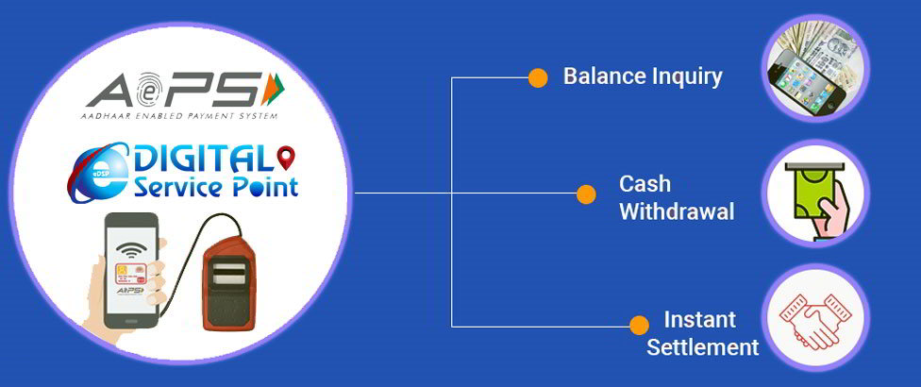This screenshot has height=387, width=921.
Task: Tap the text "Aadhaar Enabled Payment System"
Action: coord(179,117)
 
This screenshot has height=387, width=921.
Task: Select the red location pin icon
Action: coord(286,158)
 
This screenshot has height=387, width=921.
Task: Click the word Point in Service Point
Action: coord(264,188)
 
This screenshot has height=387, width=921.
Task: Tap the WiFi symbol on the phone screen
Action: coord(130,251)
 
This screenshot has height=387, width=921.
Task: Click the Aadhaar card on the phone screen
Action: coord(130,276)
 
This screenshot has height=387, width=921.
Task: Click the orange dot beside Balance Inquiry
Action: coord(538,78)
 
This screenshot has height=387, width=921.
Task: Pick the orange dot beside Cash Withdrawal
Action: coord(586,194)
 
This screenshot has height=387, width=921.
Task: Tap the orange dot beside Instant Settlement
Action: coord(639,326)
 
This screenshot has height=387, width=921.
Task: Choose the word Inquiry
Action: coord(686,77)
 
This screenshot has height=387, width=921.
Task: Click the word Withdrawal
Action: coord(677,211)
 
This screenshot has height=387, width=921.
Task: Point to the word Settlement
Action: coord(702,346)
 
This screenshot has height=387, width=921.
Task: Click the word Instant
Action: coord(699,320)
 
